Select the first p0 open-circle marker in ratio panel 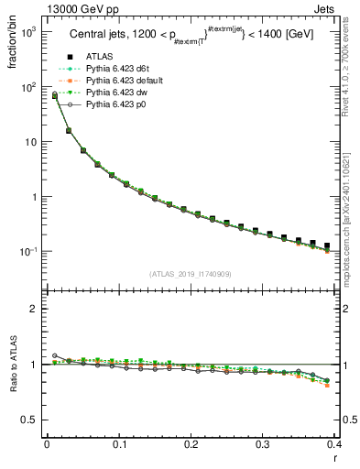(54, 355)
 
